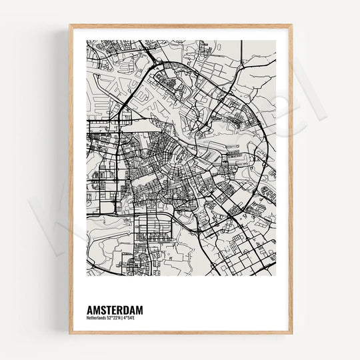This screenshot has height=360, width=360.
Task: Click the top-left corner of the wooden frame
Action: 70,25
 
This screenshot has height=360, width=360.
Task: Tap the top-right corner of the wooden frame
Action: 291,25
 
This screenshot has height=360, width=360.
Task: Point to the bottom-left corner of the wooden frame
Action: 70,333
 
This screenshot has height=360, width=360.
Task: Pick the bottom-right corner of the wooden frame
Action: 291,333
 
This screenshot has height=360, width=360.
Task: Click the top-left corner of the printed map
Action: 87,41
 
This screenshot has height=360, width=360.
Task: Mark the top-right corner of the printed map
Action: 276,41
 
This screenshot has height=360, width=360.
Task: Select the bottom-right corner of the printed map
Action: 276,275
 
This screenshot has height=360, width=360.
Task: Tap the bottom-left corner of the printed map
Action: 87,275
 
